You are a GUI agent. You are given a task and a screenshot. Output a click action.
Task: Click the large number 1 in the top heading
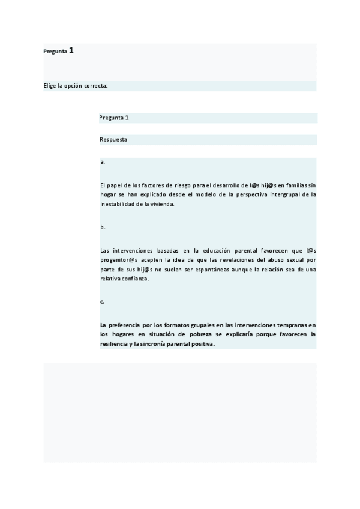click(x=71, y=51)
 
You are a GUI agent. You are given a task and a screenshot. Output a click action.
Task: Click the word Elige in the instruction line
click(x=50, y=86)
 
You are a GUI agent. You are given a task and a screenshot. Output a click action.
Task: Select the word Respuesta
click(x=113, y=140)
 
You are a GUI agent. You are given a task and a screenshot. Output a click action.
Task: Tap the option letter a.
click(x=103, y=162)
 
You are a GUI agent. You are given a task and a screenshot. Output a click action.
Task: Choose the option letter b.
click(x=103, y=227)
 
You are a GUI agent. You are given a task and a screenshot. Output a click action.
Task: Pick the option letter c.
click(x=103, y=302)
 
